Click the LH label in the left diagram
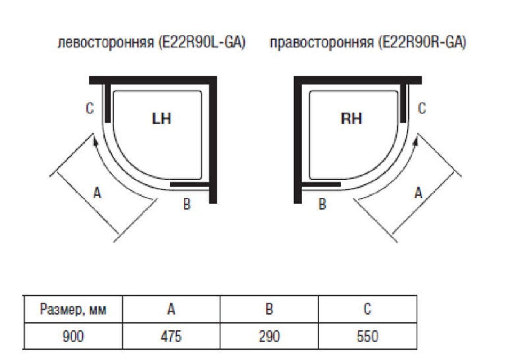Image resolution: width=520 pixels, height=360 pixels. pyautogui.click(x=161, y=119)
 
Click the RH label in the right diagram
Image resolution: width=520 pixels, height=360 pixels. pyautogui.click(x=351, y=119)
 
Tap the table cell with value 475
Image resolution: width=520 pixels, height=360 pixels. pyautogui.click(x=171, y=336)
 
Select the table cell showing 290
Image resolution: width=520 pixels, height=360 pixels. pyautogui.click(x=269, y=336)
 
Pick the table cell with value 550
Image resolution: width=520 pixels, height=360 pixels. pyautogui.click(x=367, y=336)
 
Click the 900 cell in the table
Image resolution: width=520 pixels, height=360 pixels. pyautogui.click(x=72, y=336)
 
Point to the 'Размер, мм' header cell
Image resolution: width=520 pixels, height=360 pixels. pyautogui.click(x=72, y=310)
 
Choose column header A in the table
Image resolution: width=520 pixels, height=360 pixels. pyautogui.click(x=171, y=310)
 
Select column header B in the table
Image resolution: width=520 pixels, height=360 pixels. pyautogui.click(x=269, y=310)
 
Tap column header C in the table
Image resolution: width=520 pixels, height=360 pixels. pyautogui.click(x=367, y=310)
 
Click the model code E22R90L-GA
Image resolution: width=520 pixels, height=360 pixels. pyautogui.click(x=202, y=44)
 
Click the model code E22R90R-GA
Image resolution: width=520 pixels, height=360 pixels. pyautogui.click(x=422, y=44)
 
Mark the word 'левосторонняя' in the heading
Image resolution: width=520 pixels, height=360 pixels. pyautogui.click(x=106, y=44)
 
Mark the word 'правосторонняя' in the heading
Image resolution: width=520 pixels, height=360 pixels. pyautogui.click(x=322, y=44)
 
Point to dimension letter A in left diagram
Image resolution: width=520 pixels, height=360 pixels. pyautogui.click(x=96, y=193)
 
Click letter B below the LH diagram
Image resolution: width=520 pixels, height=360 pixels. pyautogui.click(x=187, y=204)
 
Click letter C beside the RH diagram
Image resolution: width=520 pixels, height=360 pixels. pyautogui.click(x=421, y=108)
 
